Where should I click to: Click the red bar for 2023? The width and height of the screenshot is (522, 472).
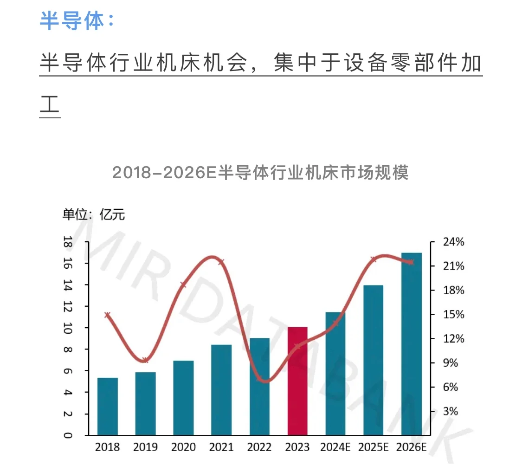297,381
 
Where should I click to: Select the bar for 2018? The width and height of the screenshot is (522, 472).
107,406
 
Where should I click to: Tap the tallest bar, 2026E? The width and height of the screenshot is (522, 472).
412,344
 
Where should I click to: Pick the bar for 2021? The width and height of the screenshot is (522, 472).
221,390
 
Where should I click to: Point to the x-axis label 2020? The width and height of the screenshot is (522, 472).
183,447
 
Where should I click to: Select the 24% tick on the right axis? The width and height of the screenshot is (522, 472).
453,242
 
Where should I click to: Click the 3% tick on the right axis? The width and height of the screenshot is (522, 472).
451,412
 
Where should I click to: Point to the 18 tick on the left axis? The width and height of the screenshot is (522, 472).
68,242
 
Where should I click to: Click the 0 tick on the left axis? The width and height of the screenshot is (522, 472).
68,435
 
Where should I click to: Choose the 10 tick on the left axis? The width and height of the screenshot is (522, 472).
68,328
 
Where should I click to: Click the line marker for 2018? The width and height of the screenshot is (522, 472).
108,315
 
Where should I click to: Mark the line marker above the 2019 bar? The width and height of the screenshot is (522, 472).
145,360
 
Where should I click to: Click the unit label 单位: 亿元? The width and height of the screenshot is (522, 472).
94,214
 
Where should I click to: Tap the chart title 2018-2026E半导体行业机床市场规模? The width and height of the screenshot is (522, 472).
260,173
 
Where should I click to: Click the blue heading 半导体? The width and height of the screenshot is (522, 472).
77,20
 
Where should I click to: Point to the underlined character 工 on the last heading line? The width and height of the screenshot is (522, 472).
50,104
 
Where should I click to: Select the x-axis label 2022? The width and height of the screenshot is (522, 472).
259,447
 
